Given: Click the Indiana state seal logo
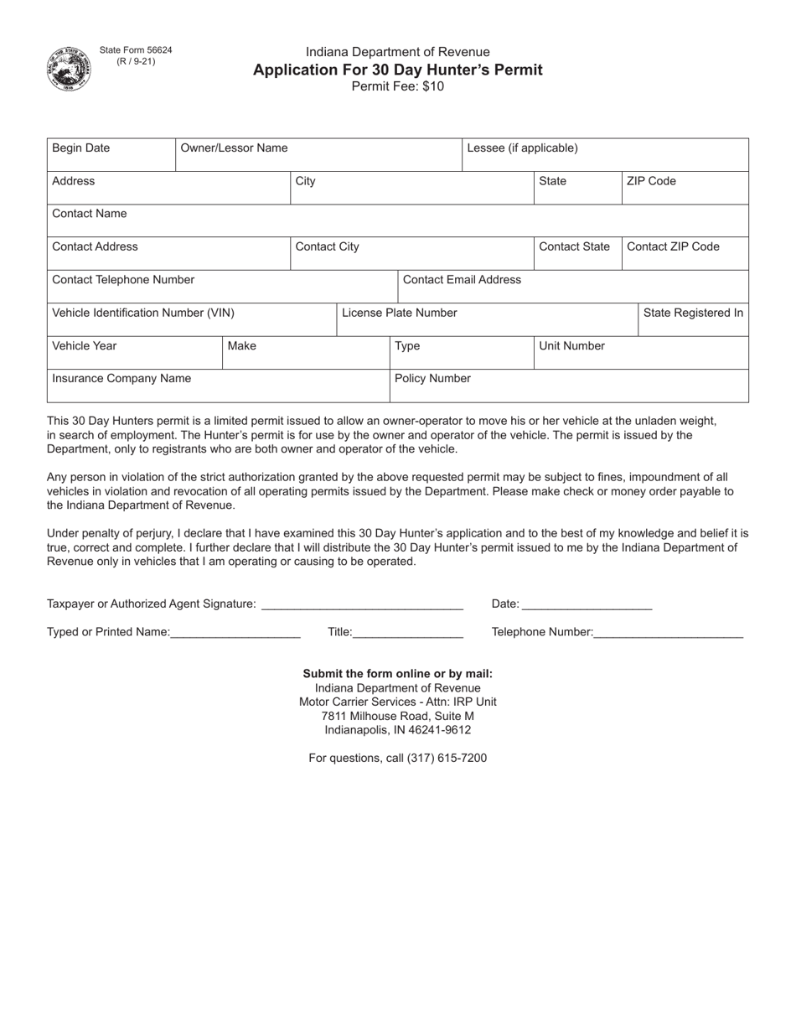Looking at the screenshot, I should [69, 69].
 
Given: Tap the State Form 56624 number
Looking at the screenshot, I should [136, 50].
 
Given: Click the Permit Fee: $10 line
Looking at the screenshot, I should [397, 86].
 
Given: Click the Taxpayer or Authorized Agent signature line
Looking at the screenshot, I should [362, 603].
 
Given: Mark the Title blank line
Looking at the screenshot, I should [408, 631].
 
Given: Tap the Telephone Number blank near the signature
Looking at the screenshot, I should [668, 631].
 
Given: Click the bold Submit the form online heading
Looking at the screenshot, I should [397, 673].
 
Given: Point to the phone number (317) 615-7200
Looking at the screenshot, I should [446, 758].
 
